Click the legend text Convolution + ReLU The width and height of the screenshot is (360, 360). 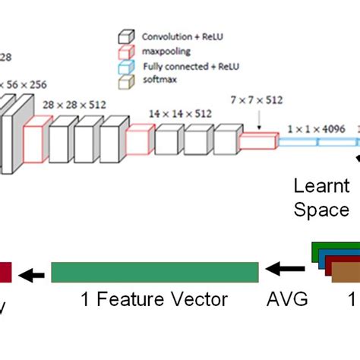177,35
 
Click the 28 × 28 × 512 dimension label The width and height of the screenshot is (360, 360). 74,104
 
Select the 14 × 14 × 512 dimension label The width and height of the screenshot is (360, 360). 181,114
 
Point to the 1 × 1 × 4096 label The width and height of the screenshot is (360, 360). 315,128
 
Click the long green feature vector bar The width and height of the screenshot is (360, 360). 155,272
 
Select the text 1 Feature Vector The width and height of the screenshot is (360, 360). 155,299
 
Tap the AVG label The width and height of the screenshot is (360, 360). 288,299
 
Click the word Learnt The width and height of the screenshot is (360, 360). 321,186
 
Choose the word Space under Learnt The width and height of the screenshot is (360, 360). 321,210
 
